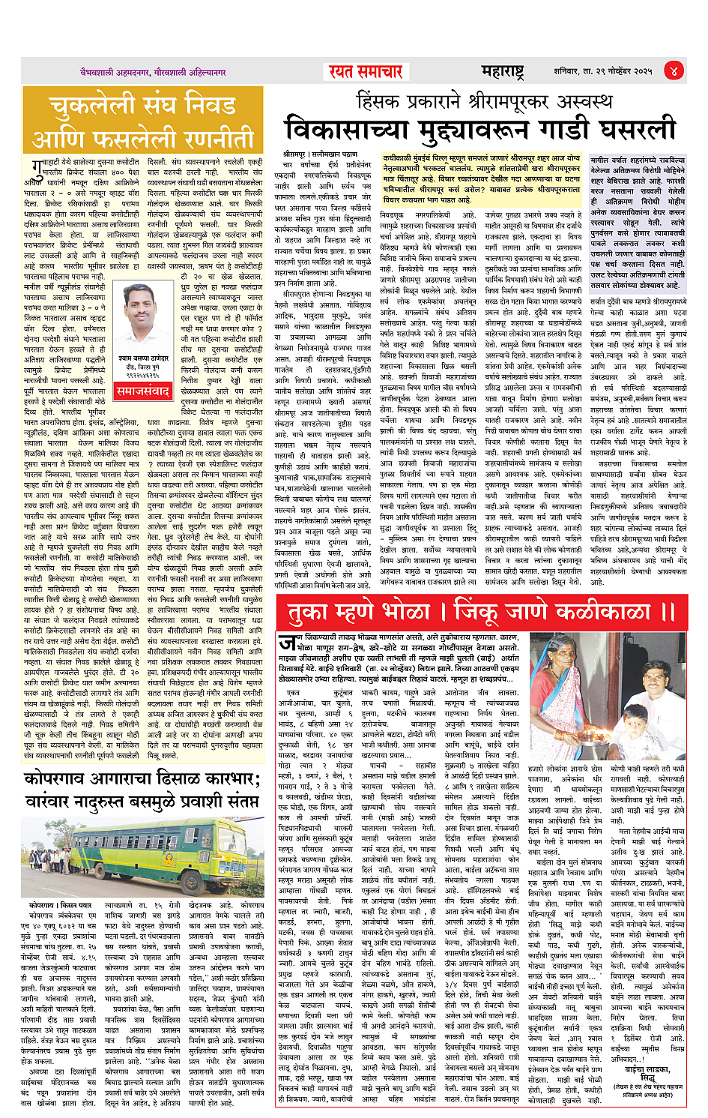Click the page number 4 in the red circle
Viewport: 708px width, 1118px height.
(674, 71)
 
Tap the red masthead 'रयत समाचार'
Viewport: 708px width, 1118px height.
(366, 72)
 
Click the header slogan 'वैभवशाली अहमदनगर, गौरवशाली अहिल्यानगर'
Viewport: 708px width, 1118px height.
(154, 73)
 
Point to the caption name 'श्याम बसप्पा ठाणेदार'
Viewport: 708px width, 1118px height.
(142, 358)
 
